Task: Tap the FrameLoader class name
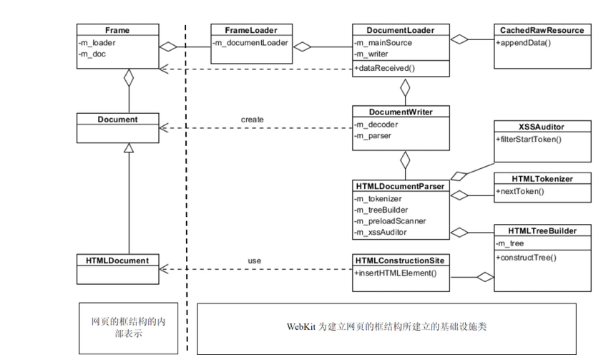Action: coord(249,30)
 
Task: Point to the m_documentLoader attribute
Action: coord(250,42)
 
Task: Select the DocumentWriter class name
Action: coord(401,111)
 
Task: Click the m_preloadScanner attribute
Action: coord(390,221)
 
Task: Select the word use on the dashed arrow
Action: coord(254,261)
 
